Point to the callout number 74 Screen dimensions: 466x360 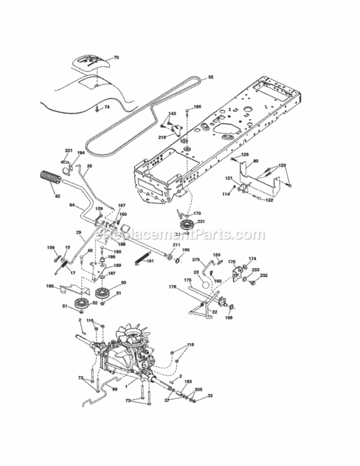(107, 107)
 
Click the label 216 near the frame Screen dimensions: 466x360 (162, 136)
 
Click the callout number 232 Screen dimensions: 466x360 (264, 275)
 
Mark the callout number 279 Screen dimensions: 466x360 (196, 259)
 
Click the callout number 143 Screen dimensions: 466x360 (173, 113)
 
